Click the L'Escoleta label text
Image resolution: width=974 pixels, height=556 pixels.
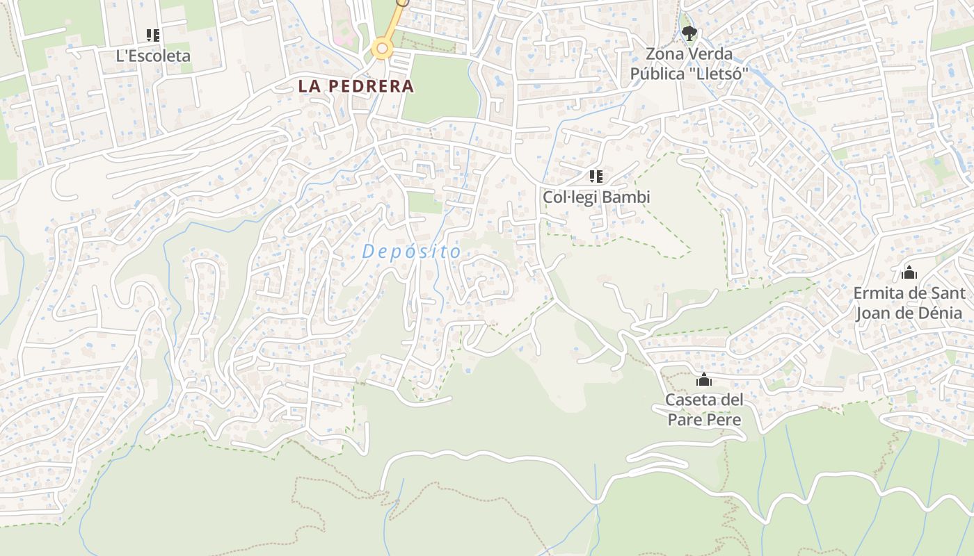[153, 56]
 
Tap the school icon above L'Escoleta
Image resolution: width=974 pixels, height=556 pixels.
[153, 35]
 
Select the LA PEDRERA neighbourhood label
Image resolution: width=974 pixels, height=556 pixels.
[356, 86]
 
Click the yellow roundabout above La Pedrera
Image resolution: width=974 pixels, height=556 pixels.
[382, 49]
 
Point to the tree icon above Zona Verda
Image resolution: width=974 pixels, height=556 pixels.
[689, 33]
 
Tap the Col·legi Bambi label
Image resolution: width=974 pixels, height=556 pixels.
[596, 197]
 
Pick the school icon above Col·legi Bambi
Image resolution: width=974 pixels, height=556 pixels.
[596, 177]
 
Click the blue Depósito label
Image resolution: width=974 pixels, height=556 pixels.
[412, 252]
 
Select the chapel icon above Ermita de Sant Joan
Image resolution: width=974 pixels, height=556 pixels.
[909, 272]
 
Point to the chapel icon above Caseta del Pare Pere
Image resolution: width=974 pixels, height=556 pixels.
[704, 379]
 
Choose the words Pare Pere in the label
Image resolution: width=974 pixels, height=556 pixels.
[704, 420]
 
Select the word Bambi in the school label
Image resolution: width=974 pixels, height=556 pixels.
[627, 197]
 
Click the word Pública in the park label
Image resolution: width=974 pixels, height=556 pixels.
[657, 74]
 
